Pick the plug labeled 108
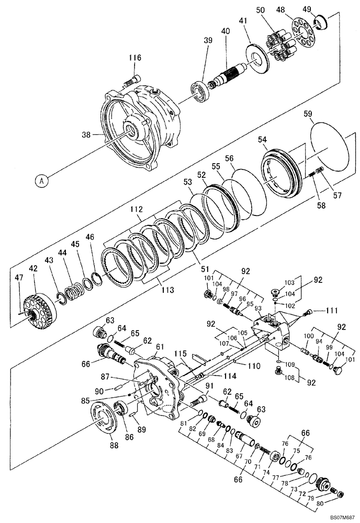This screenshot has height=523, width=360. click(x=279, y=371)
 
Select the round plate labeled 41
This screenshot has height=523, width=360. click(x=257, y=58)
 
